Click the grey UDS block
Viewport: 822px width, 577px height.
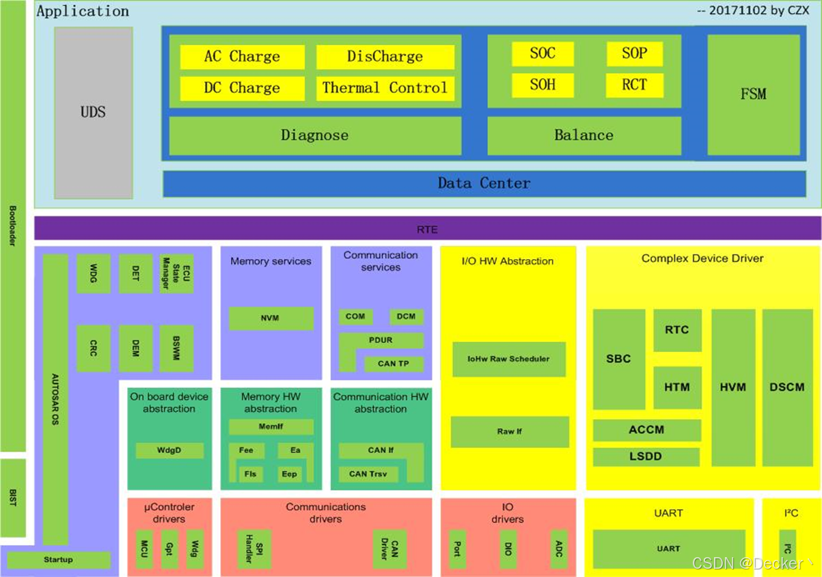(x=93, y=113)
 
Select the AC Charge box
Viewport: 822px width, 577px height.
(x=242, y=57)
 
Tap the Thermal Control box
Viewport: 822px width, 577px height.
(x=385, y=88)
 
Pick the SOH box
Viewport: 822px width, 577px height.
(x=543, y=85)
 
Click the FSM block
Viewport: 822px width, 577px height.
(x=753, y=94)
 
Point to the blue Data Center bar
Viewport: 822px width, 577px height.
(x=484, y=183)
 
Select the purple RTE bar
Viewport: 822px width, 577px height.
(x=427, y=229)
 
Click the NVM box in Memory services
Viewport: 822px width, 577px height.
(x=271, y=318)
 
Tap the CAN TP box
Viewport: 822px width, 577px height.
(x=394, y=364)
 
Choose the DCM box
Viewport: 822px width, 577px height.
(x=407, y=317)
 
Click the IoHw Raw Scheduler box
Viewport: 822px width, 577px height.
(x=508, y=359)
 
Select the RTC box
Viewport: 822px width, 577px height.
(x=677, y=330)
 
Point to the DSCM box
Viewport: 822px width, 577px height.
(x=787, y=387)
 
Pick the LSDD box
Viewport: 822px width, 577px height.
(x=646, y=457)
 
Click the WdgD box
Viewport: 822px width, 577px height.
(x=169, y=451)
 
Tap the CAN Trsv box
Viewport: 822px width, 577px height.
(x=368, y=474)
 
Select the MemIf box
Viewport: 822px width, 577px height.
(x=271, y=427)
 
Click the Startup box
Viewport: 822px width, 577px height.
(x=58, y=560)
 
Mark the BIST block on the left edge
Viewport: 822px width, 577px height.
(x=13, y=498)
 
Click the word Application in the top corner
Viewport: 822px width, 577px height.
(x=83, y=12)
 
